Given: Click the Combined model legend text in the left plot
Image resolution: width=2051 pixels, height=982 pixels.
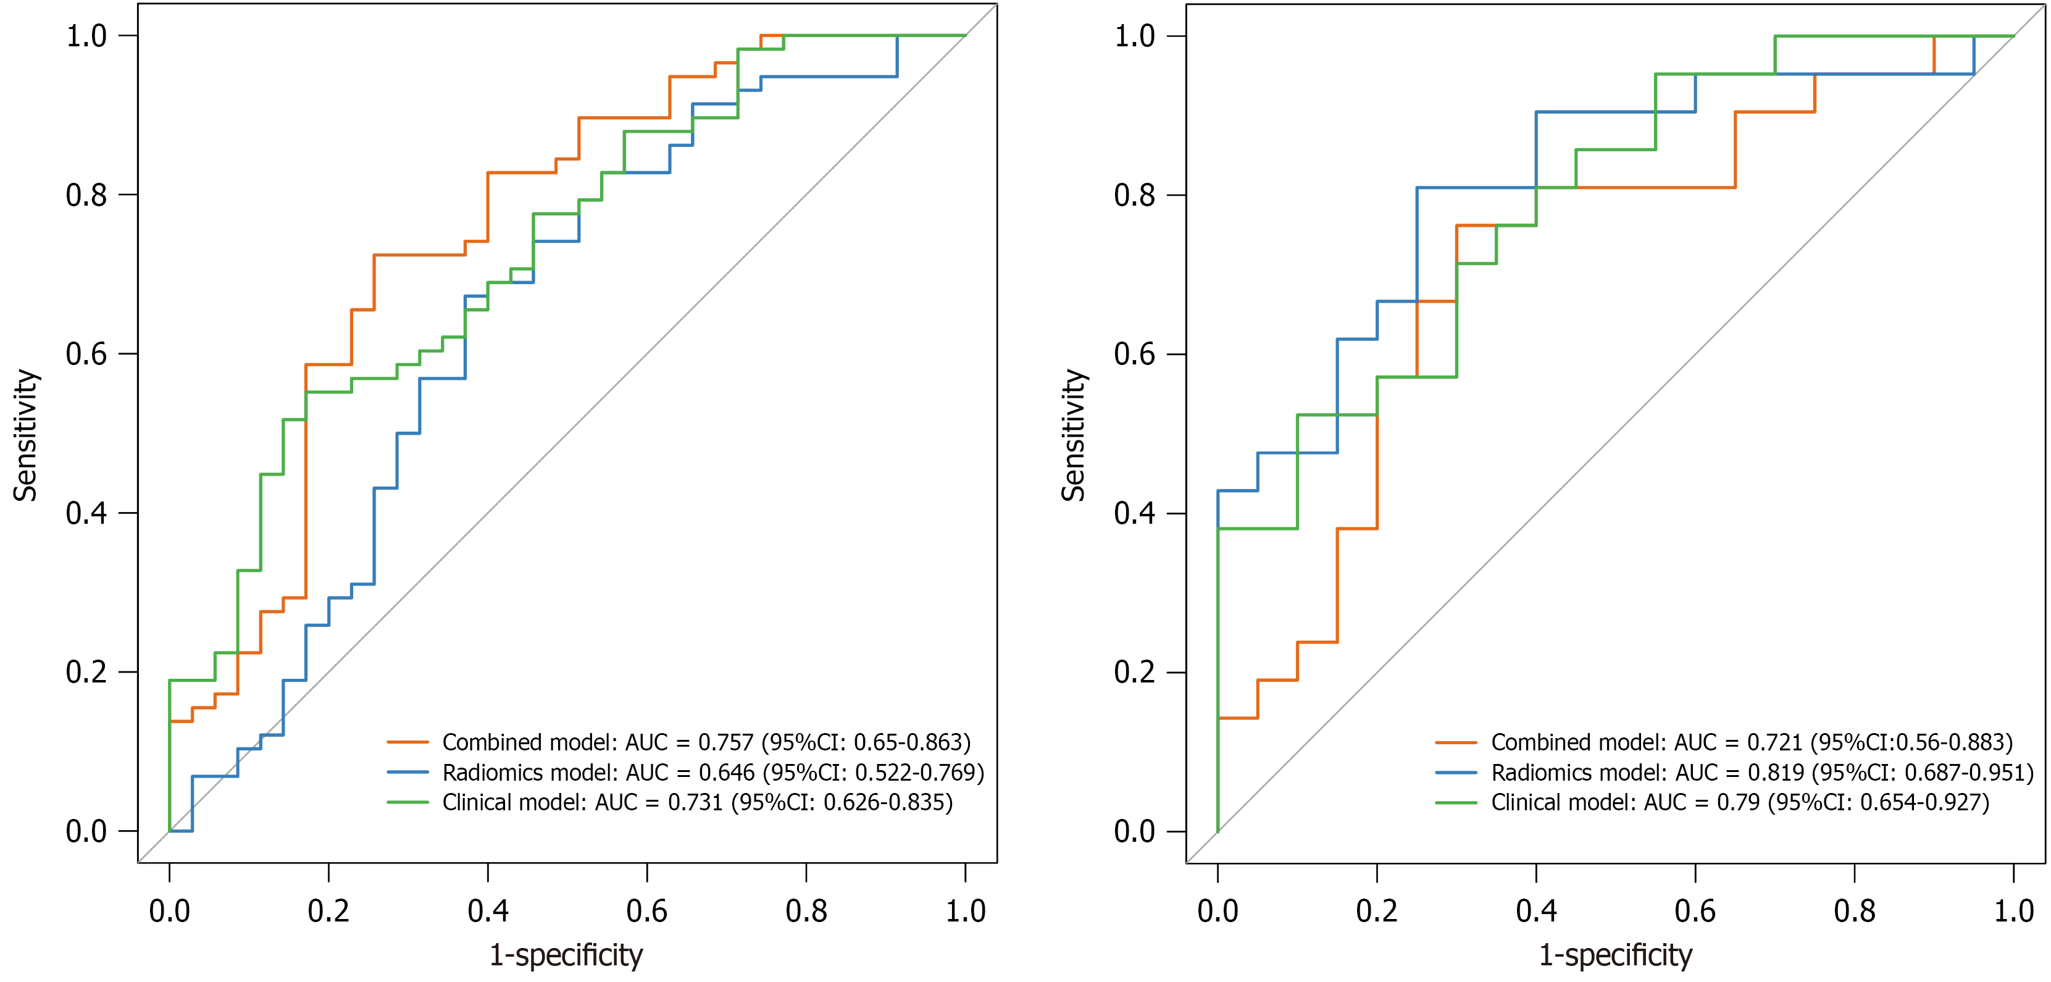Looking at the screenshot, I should click(706, 742).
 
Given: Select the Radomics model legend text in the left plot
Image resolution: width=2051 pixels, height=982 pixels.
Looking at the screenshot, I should click(712, 773).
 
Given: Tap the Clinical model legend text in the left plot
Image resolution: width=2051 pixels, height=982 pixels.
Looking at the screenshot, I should click(696, 802).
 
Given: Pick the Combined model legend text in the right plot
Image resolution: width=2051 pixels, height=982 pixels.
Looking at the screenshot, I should click(1752, 742).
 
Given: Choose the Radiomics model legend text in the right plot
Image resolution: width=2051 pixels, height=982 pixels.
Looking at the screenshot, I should click(1762, 773).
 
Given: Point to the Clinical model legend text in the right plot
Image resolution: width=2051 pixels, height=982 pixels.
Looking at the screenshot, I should click(1740, 802).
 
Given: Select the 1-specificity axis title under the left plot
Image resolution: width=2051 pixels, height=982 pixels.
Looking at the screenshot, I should click(566, 955).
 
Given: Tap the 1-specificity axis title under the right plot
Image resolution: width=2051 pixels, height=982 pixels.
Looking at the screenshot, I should click(1616, 955).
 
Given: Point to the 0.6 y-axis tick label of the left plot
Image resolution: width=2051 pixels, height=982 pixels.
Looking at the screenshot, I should click(86, 355).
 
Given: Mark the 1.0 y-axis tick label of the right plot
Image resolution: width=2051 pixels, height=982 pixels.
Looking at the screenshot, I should click(1135, 36).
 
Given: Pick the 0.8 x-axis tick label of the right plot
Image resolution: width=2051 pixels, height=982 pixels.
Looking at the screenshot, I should click(1854, 911).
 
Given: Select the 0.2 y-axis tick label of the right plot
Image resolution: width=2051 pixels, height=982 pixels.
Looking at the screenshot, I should click(1135, 672).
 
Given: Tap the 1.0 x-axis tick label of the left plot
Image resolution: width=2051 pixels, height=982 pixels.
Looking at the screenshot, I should click(965, 911).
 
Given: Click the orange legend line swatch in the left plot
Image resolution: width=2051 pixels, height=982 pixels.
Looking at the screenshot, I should click(407, 742).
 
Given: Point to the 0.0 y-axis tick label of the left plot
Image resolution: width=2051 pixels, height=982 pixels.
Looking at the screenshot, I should click(86, 831).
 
